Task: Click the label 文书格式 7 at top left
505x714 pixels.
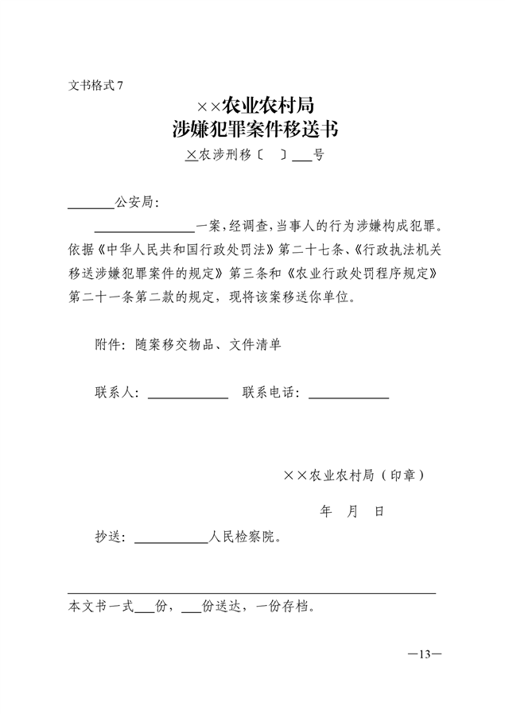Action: click(x=95, y=85)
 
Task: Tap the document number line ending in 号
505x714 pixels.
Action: click(x=254, y=157)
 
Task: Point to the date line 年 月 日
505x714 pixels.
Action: click(x=352, y=511)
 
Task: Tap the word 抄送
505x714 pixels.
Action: click(x=109, y=537)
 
